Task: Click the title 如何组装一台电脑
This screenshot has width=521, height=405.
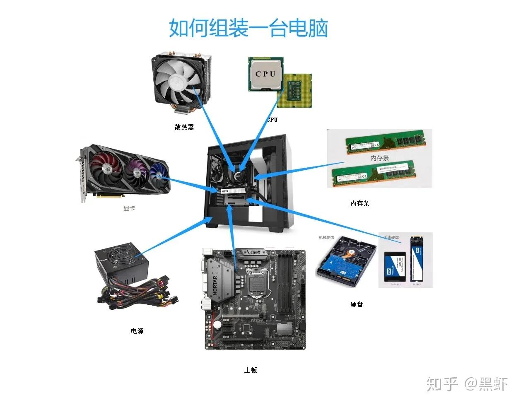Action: pos(248,28)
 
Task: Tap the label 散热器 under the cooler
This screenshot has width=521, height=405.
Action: pos(184,127)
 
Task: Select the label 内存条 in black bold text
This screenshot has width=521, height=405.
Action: pos(359,203)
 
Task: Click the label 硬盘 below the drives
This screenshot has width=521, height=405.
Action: pos(356,304)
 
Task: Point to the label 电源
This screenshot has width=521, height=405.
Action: pos(137,331)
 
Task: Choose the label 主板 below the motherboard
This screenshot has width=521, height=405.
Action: pos(251,370)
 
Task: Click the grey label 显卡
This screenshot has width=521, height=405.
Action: pos(129,208)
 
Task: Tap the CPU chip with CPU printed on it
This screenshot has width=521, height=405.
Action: pos(265,74)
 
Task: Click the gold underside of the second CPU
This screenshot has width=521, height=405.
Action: pos(295,91)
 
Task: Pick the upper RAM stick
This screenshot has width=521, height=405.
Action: pos(386,142)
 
